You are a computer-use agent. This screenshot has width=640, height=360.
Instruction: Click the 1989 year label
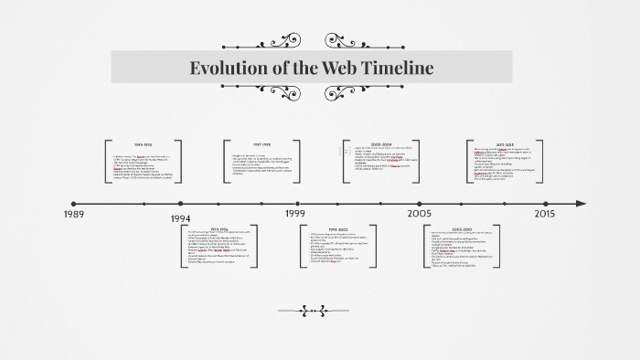coord(75,214)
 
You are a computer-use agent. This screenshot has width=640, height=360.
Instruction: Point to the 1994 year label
coord(181,219)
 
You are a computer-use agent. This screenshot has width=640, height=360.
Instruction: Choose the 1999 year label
coord(294,213)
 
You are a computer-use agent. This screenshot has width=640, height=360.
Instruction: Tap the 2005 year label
coord(420,213)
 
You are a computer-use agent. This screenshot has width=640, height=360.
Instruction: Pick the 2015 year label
coord(545,213)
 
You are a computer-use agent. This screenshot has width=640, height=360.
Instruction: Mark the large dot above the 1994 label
coord(181,204)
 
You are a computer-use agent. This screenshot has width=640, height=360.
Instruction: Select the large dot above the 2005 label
coord(420,204)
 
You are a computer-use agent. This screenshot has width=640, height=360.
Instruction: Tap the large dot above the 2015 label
coord(545,204)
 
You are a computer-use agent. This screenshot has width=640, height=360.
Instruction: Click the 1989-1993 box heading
coord(144,145)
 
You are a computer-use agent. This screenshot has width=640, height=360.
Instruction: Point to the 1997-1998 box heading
coord(261,144)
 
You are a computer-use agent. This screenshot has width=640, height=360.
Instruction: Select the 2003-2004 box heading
coord(381,144)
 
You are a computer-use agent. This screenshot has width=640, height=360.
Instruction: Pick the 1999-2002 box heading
coord(339,228)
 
